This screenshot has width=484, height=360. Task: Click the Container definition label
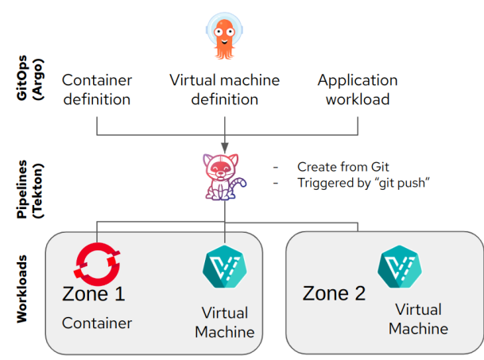point(96,90)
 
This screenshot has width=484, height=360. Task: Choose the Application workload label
point(358,90)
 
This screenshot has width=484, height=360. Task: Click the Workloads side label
point(23,289)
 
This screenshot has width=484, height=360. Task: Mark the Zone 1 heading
point(93,294)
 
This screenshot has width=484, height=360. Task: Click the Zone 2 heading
point(334,293)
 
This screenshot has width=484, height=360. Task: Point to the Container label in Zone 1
point(97,323)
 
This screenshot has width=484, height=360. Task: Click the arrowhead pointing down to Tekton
point(226,147)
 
